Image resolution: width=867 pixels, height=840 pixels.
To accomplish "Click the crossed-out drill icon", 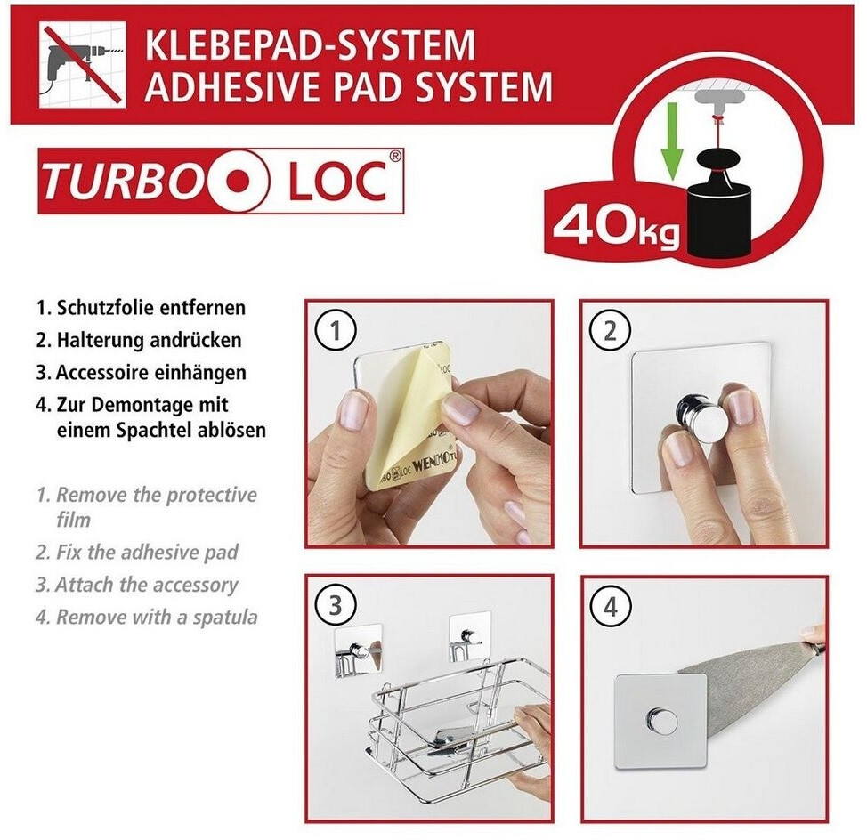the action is [x=83, y=65].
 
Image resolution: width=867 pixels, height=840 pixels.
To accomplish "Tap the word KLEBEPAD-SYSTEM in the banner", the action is [x=310, y=45].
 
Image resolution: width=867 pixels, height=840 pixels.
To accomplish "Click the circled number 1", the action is [x=335, y=331].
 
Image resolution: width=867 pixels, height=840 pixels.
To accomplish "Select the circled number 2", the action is [x=610, y=331].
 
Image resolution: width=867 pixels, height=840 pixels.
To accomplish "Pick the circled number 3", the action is [x=335, y=606].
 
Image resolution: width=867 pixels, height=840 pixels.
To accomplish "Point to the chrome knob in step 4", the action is [x=660, y=721].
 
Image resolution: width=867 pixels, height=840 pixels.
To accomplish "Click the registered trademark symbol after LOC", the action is [x=395, y=157].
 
